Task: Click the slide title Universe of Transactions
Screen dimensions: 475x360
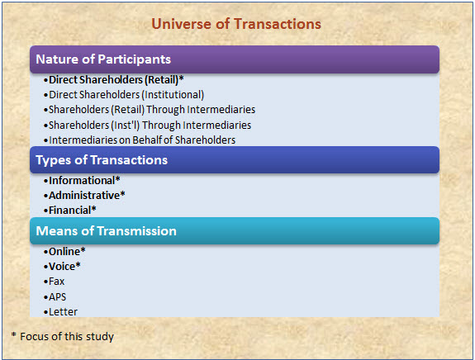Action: point(236,24)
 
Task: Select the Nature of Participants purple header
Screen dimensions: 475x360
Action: point(235,59)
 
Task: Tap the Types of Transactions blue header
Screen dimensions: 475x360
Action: point(235,160)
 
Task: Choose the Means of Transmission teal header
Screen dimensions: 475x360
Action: point(235,230)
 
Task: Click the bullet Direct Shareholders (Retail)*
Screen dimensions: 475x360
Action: point(114,80)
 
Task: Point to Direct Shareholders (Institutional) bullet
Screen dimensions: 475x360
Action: point(124,95)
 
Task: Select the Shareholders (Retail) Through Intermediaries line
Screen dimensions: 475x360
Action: point(150,110)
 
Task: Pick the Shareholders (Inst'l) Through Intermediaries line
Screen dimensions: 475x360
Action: point(147,125)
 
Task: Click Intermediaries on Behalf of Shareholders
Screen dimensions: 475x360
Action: point(140,140)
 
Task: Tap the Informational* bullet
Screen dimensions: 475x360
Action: point(82,181)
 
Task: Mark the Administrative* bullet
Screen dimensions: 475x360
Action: point(84,196)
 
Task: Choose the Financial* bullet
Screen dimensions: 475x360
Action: point(69,210)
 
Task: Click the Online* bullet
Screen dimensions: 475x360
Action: point(64,251)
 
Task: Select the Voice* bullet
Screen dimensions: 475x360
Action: point(62,267)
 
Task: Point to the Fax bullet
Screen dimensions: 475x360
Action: point(54,282)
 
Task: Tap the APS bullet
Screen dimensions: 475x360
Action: point(55,296)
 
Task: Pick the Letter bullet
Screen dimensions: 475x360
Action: point(60,312)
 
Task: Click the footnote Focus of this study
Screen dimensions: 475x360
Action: point(63,336)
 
